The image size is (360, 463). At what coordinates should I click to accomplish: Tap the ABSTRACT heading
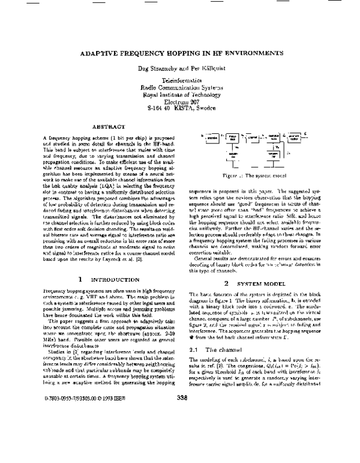(108, 127)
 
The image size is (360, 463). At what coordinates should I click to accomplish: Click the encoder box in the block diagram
(210, 138)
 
